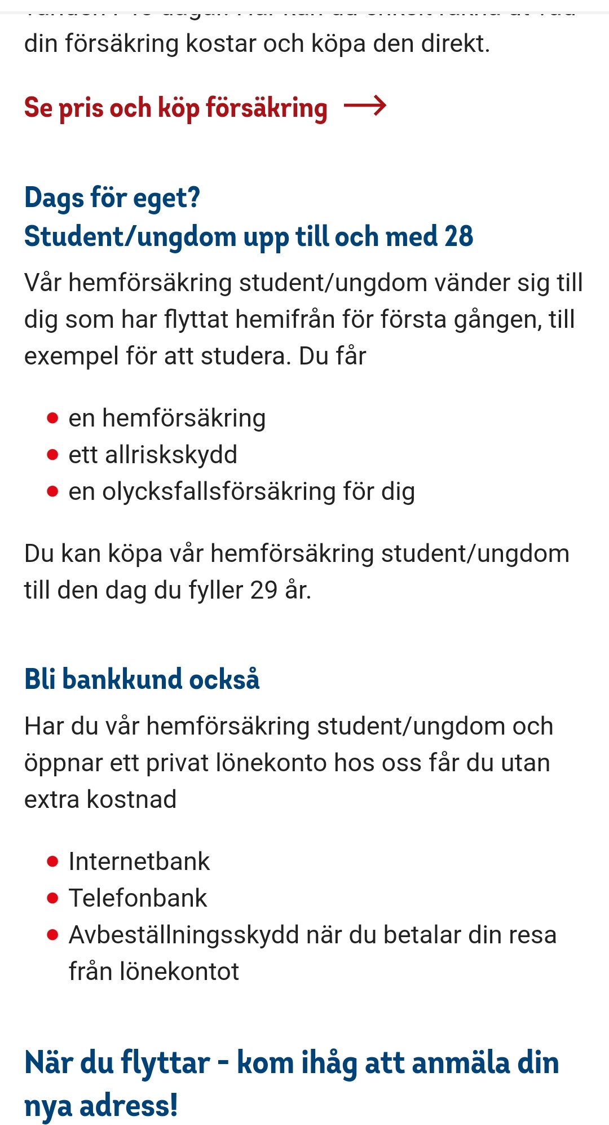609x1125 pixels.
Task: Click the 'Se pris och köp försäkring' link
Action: (175, 107)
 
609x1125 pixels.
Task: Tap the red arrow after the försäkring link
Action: (365, 106)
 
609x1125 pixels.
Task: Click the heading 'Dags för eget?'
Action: (112, 198)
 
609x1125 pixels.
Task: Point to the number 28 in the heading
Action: (458, 236)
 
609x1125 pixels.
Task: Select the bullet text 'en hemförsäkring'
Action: (167, 418)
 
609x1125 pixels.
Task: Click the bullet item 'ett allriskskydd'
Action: (153, 455)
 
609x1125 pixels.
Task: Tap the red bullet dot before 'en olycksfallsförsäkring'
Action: (52, 491)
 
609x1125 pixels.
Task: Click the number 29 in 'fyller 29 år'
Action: (264, 590)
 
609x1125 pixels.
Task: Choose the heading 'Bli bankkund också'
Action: (142, 679)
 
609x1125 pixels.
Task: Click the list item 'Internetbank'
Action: (139, 862)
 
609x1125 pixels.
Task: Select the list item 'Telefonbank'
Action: (138, 898)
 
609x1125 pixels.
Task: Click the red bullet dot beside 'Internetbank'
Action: (52, 862)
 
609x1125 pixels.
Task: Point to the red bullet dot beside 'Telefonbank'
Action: (52, 898)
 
